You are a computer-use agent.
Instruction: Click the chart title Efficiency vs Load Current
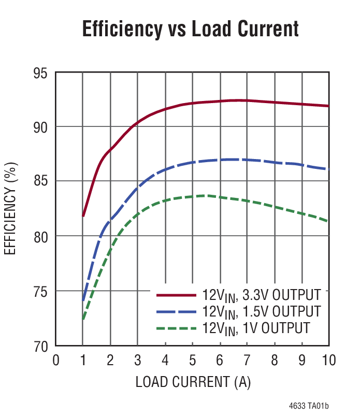tap(191, 29)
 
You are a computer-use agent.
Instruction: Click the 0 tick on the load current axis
tap(56, 360)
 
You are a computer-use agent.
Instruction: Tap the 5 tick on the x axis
tap(192, 360)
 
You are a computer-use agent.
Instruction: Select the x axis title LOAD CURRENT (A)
tap(193, 382)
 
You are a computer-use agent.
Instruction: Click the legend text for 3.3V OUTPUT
tap(262, 295)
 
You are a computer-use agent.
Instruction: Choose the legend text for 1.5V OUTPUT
tap(262, 312)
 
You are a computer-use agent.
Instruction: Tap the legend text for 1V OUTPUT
tap(256, 328)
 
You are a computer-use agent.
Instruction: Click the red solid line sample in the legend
tap(177, 295)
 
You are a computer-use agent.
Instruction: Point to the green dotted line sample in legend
tap(177, 328)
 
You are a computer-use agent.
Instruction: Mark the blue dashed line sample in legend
tap(177, 311)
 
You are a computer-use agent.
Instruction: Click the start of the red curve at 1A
tap(83, 215)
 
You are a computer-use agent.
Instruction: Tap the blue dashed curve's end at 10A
tap(327, 169)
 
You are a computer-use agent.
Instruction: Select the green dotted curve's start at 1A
tap(83, 319)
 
